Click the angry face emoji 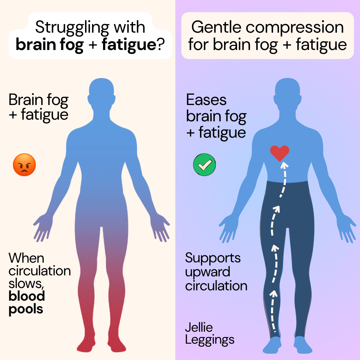click(x=24, y=165)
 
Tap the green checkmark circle click(x=204, y=165)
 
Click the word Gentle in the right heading click(x=216, y=27)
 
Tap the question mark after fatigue click(x=161, y=44)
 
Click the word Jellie click(x=199, y=327)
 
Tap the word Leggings click(x=210, y=340)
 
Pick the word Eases click(x=206, y=100)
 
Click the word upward click(x=208, y=273)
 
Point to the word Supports click(x=213, y=258)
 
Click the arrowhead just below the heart click(x=284, y=165)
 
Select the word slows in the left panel click(x=26, y=284)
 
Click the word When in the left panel click(x=26, y=258)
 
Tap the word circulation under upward click(x=216, y=286)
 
